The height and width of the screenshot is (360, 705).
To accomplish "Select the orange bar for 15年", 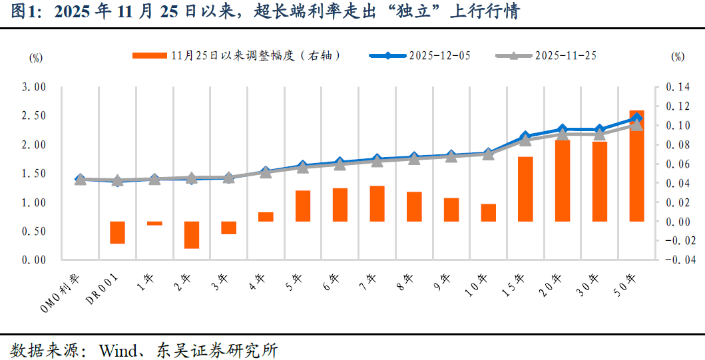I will point(525,189).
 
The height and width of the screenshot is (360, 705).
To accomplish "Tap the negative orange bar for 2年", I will point(192,235).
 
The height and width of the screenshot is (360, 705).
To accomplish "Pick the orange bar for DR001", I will point(117,232).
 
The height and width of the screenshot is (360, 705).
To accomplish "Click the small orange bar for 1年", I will point(154,224).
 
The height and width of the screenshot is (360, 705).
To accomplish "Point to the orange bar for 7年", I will point(377,204).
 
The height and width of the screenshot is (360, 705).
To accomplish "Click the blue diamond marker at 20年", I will point(563,129).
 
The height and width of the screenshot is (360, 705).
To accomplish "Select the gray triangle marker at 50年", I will point(636,125).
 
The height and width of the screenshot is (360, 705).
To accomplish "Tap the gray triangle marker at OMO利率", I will point(81,180).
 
